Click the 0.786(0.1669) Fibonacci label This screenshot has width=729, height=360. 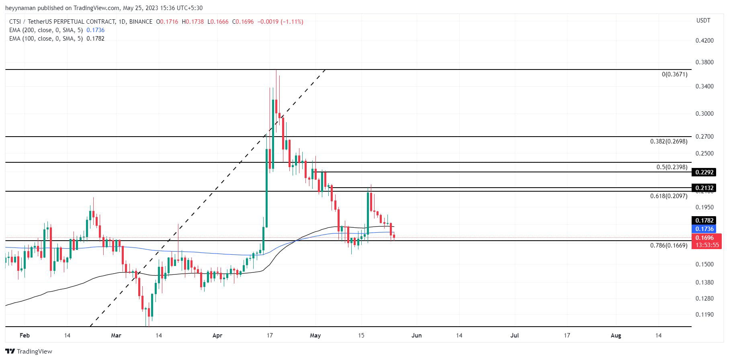point(669,245)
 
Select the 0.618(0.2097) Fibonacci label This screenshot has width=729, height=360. point(669,196)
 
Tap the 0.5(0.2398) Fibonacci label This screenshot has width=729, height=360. point(672,167)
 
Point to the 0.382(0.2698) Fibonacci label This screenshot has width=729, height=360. point(669,141)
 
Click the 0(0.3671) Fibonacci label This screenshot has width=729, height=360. point(674,74)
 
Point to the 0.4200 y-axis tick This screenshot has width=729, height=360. point(704,41)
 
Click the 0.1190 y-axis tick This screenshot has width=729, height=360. point(704,315)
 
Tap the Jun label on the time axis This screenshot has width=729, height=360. point(417,335)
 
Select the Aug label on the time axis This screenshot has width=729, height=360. point(616,335)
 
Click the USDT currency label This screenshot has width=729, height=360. point(703,20)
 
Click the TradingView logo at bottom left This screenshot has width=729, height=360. point(29,352)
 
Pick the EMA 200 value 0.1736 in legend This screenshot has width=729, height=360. point(96,30)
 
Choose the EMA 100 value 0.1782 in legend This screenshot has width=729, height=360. point(96,39)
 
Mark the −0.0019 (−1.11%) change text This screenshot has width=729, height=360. point(280,22)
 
